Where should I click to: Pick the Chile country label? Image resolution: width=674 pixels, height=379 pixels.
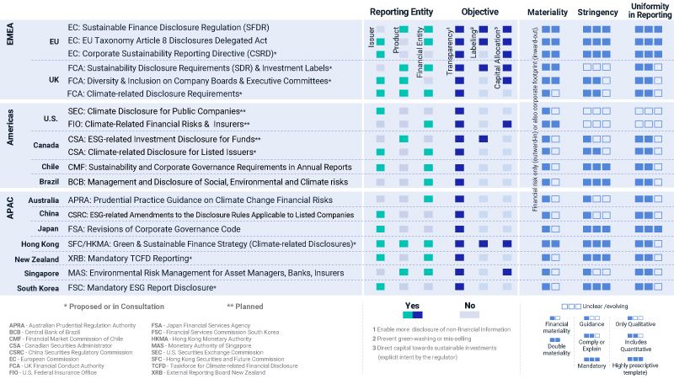coord(50,167)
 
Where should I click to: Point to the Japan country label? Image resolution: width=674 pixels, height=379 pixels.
coord(48,228)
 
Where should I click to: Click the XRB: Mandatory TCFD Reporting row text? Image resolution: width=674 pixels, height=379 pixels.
coord(131,259)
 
